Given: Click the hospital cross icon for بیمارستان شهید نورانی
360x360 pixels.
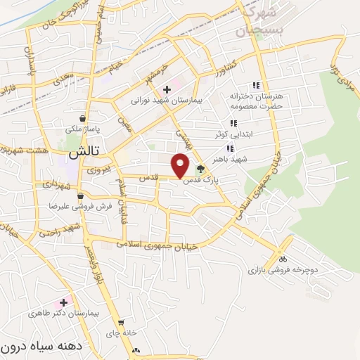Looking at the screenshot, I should point(167,89).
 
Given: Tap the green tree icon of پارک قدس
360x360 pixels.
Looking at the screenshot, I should point(202,168).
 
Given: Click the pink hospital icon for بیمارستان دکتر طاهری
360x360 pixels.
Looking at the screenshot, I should point(63,302).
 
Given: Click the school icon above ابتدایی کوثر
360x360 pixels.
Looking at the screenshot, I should point(233,123).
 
